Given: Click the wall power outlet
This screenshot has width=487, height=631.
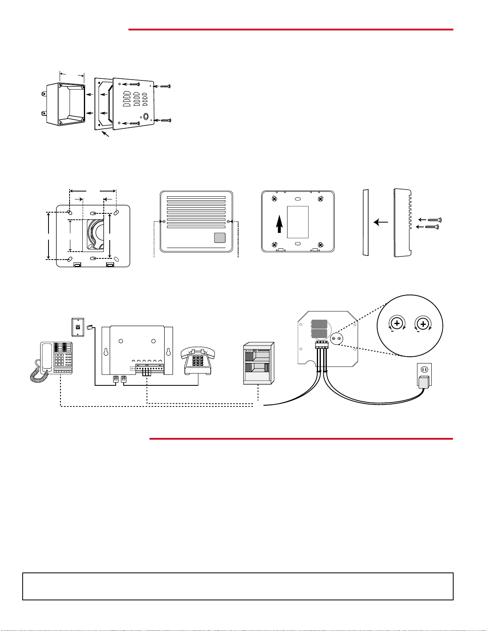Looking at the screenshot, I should (423, 370).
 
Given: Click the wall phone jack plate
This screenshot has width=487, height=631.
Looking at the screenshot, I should (78, 327).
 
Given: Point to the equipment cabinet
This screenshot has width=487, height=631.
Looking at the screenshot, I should (258, 363).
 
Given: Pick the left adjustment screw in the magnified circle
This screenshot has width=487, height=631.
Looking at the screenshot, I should (397, 324).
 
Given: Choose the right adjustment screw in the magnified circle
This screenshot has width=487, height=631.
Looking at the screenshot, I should (423, 324).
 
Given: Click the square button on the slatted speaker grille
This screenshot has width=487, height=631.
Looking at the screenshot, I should (219, 238).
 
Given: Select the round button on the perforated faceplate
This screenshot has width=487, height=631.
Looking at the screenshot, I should (146, 117).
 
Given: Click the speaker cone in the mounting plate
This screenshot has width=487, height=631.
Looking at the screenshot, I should (95, 235).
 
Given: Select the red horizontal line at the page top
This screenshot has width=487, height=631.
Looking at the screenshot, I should (291, 29).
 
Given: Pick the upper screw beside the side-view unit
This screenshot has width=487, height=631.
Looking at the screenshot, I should (435, 220).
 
